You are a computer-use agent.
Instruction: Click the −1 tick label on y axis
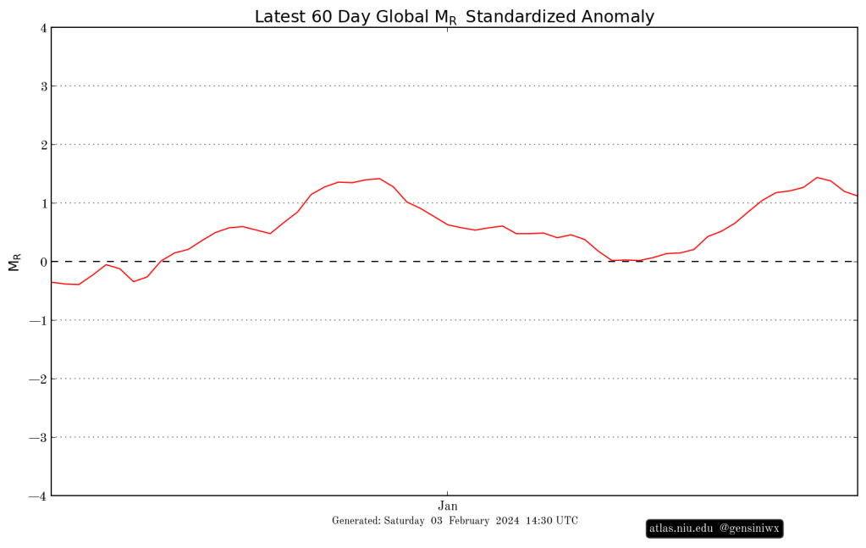38,320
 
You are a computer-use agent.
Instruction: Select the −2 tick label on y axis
38,379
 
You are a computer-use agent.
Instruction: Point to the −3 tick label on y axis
38,437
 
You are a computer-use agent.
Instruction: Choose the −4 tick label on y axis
38,495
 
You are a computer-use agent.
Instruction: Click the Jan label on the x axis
447,506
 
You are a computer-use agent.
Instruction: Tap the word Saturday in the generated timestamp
403,521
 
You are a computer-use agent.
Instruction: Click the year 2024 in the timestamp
508,521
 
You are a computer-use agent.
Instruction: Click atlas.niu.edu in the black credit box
681,529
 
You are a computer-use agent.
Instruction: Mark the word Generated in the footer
356,521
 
